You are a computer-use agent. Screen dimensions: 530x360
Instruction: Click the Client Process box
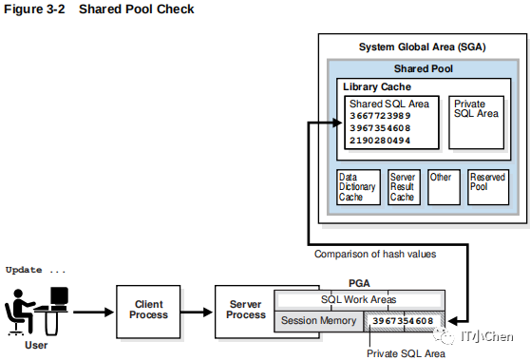coord(148,312)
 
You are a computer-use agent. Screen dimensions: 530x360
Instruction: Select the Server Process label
coord(246,310)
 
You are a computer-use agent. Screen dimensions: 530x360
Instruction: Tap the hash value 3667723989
coord(380,116)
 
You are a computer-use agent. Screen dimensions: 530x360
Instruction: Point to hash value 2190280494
coord(380,141)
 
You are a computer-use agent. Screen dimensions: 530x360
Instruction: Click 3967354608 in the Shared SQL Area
coord(380,128)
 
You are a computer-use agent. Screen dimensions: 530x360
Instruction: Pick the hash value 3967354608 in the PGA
coord(403,321)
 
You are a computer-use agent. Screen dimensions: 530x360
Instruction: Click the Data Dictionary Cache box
coord(359,187)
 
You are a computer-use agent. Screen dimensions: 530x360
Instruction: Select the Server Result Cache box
coord(404,187)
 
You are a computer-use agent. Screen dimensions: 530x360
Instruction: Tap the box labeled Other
coord(444,187)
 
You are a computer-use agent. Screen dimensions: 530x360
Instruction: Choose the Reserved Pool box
coord(488,187)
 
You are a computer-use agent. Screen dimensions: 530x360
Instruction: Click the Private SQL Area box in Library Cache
coord(476,123)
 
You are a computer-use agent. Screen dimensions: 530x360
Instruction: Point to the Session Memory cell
coord(318,320)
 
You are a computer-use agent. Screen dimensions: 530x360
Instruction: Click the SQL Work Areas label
coord(359,299)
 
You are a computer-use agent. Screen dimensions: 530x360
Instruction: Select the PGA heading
coord(359,283)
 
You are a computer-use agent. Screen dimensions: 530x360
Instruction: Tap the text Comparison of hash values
coord(375,254)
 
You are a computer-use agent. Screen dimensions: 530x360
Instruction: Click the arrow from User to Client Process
coord(94,312)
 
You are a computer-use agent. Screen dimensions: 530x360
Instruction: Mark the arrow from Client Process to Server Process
coord(197,312)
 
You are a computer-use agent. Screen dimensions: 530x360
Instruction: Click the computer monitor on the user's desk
coord(59,296)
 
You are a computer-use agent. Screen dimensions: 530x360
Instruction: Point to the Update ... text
coord(35,270)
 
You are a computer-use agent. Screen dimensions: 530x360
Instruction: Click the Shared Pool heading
coord(424,68)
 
